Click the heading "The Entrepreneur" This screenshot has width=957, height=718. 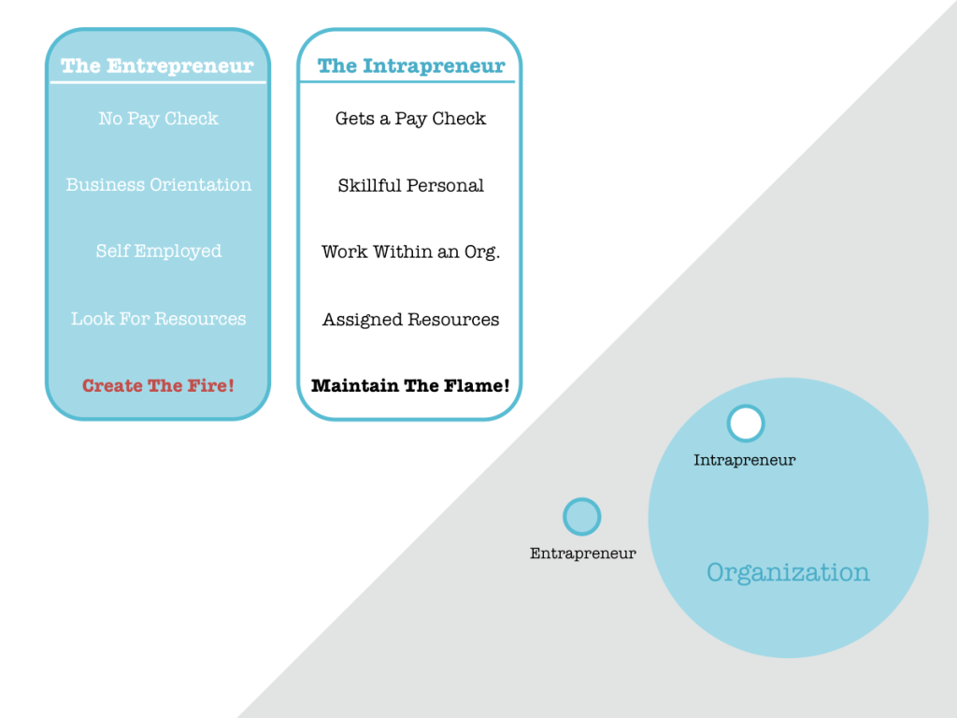pyautogui.click(x=157, y=66)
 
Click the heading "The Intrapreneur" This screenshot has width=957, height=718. pyautogui.click(x=410, y=66)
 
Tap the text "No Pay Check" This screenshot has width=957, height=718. pyautogui.click(x=158, y=119)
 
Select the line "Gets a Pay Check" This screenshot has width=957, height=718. pyautogui.click(x=410, y=119)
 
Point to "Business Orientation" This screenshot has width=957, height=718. pyautogui.click(x=158, y=185)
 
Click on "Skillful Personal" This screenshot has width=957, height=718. pyautogui.click(x=410, y=185)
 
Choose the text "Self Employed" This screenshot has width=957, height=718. pyautogui.click(x=158, y=251)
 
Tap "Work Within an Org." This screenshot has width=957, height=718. pyautogui.click(x=410, y=252)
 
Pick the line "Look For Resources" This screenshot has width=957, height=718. pyautogui.click(x=158, y=319)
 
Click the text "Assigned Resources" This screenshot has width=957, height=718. pyautogui.click(x=410, y=320)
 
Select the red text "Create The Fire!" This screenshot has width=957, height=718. pyautogui.click(x=158, y=386)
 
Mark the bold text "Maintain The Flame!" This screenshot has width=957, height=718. pyautogui.click(x=410, y=386)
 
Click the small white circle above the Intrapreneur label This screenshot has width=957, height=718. pyautogui.click(x=745, y=424)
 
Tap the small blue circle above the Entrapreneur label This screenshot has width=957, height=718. pyautogui.click(x=581, y=517)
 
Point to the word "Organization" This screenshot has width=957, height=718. pyautogui.click(x=788, y=572)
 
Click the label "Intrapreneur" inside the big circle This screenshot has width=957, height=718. pyautogui.click(x=744, y=460)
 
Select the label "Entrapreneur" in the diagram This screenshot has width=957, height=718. pyautogui.click(x=582, y=553)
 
